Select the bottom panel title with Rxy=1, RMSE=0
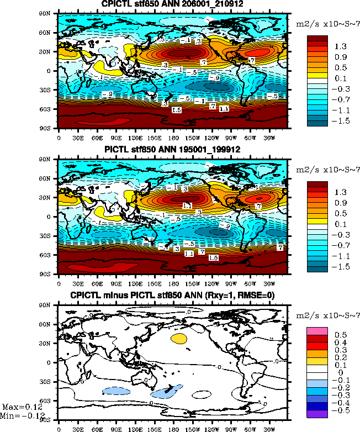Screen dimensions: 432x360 (173, 296)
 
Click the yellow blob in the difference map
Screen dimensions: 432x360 (179, 338)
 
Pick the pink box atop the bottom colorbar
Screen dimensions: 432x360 (318, 330)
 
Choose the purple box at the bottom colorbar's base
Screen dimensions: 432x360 (318, 413)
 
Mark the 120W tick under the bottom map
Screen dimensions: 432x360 (211, 427)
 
